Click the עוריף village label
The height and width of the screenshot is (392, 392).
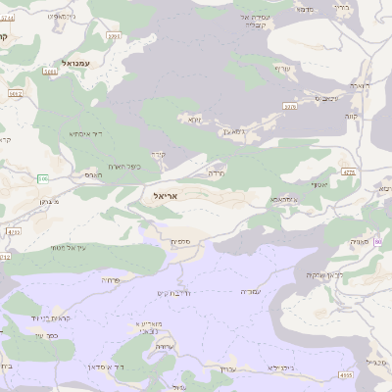(x=283, y=68)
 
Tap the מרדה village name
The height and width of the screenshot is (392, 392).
(x=218, y=171)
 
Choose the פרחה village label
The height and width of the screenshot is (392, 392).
(x=111, y=279)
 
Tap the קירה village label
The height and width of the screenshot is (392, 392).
(x=159, y=155)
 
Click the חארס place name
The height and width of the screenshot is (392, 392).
(x=91, y=173)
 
